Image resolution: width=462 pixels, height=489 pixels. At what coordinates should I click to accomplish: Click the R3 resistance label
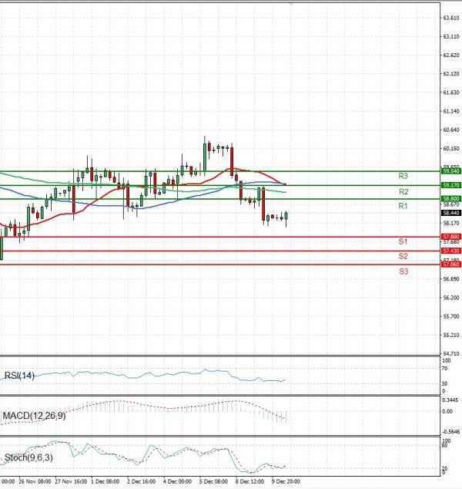(x=403, y=176)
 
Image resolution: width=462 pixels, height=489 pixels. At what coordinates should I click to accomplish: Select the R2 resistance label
(x=403, y=191)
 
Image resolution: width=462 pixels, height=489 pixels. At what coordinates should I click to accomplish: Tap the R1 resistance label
(x=403, y=206)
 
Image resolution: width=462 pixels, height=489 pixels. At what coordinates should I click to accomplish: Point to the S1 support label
(x=403, y=242)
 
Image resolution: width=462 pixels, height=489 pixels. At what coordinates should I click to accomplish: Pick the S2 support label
(x=403, y=256)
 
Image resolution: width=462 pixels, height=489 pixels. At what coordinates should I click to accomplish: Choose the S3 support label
(x=403, y=271)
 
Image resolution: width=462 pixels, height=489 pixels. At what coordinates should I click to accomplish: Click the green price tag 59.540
(x=450, y=170)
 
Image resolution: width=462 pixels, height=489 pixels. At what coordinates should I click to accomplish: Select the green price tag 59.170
(x=450, y=185)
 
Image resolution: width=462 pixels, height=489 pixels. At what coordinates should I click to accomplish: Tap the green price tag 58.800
(x=450, y=199)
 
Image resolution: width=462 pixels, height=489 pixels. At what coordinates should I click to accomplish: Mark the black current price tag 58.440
(x=450, y=213)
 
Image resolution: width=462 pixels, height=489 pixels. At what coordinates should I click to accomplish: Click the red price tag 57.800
(x=450, y=236)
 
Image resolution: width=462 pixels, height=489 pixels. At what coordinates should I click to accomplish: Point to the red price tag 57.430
(x=450, y=251)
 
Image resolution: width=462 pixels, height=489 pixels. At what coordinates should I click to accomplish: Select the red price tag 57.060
(x=450, y=265)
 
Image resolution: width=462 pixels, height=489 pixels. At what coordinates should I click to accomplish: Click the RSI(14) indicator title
(x=20, y=376)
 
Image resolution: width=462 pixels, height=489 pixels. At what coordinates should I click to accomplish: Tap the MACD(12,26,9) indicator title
(x=34, y=416)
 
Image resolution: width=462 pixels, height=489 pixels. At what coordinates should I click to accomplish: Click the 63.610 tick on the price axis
(x=450, y=18)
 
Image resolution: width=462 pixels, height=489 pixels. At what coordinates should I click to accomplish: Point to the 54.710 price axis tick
(x=450, y=353)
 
